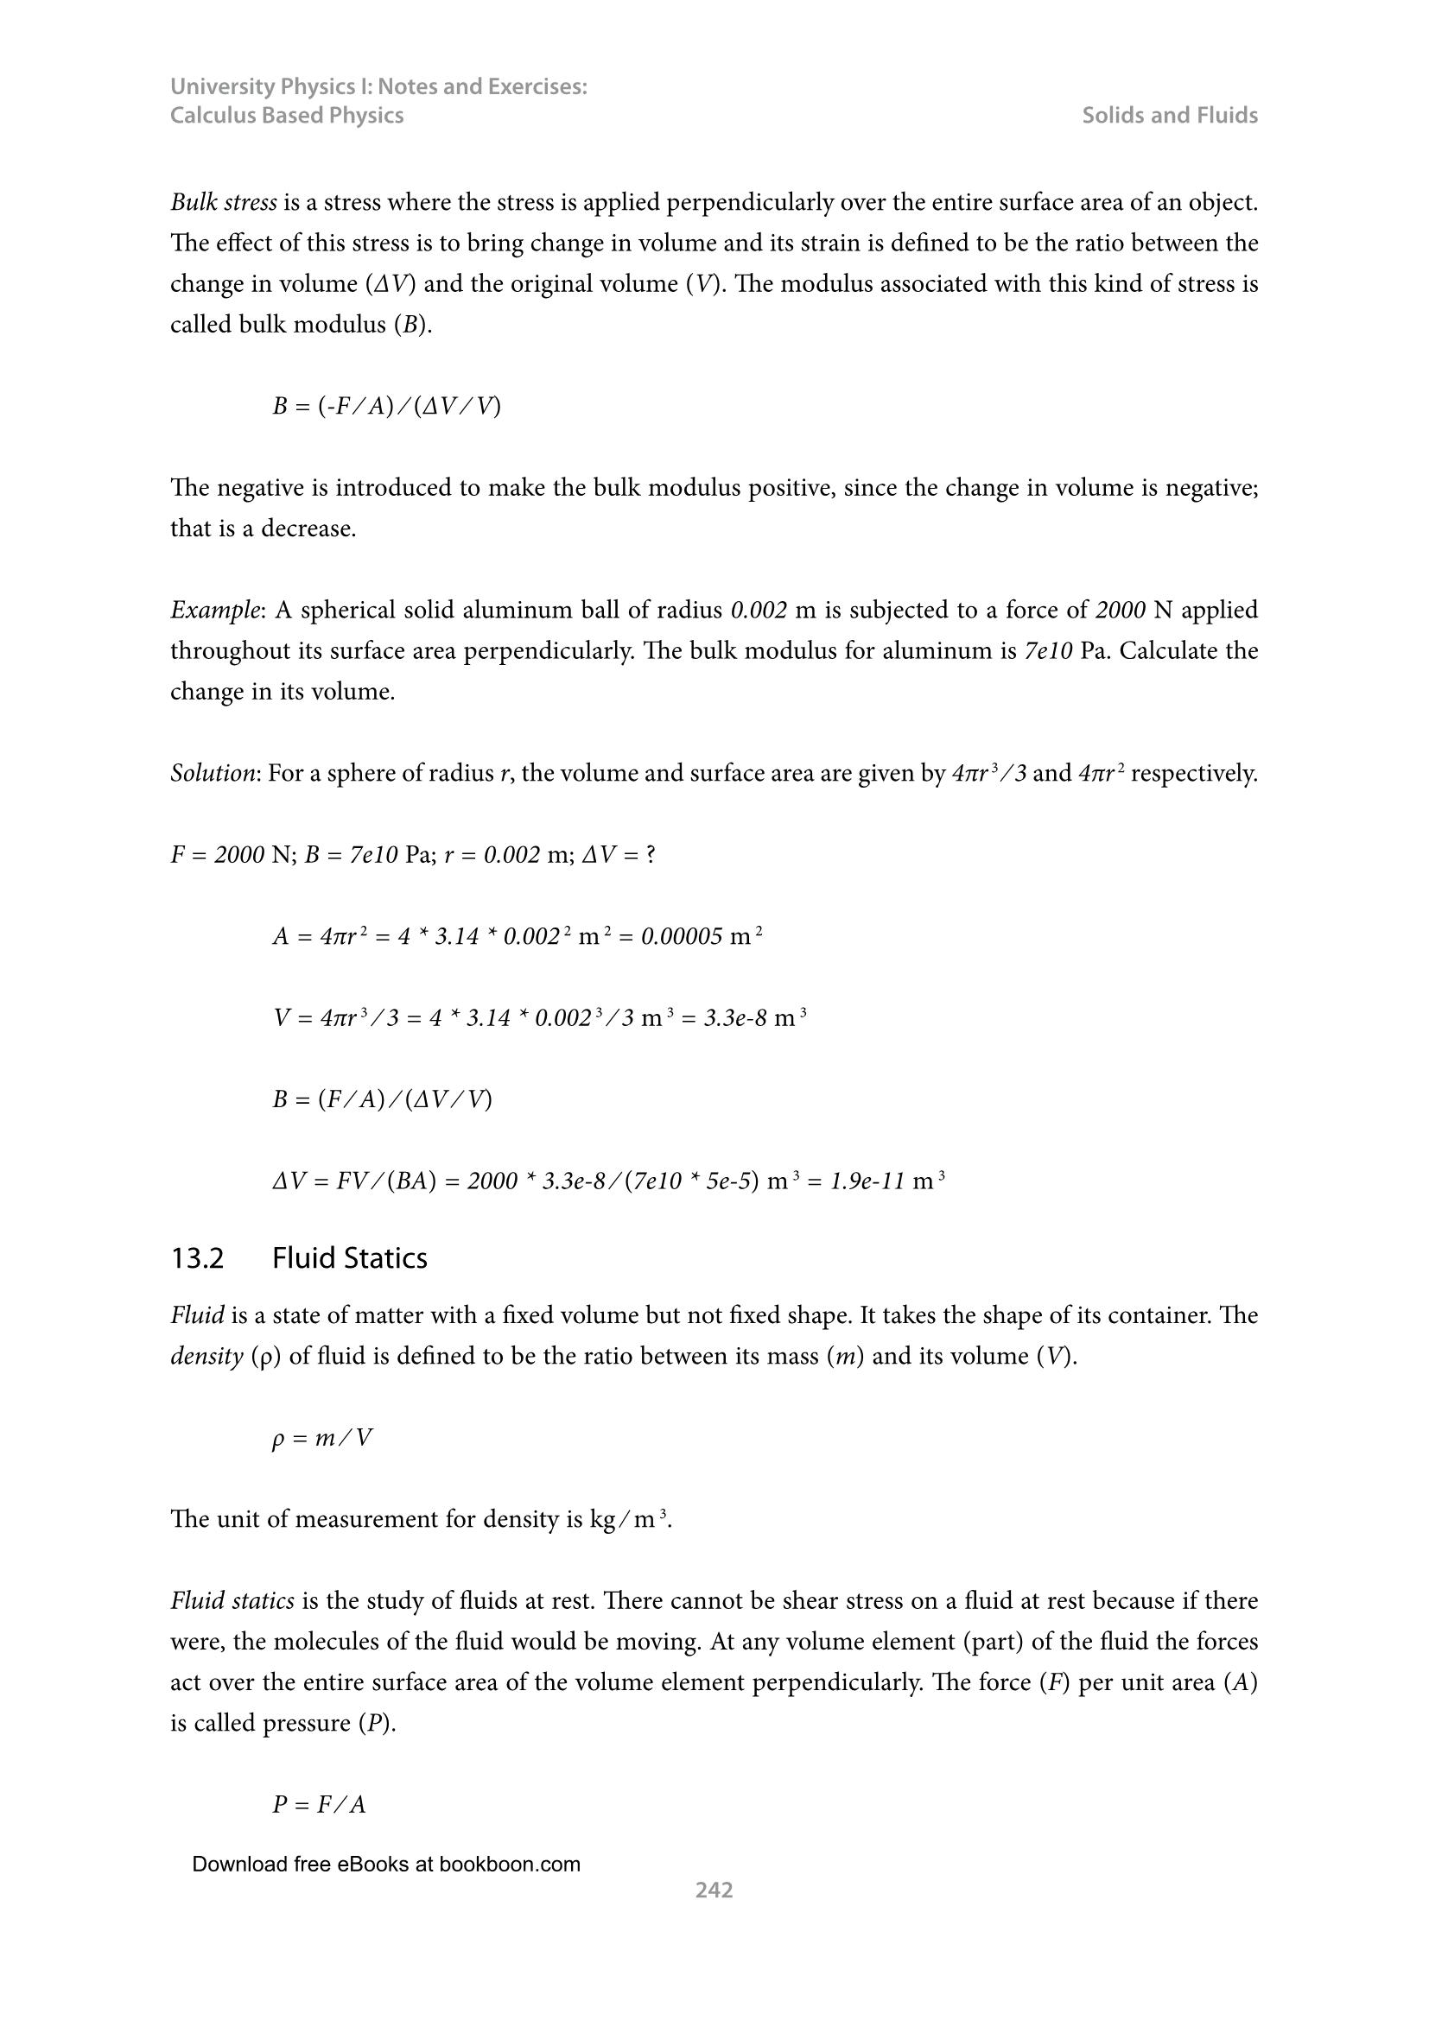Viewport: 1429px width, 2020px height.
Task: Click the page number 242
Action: tap(714, 1890)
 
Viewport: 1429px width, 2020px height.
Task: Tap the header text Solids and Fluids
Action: tap(1170, 115)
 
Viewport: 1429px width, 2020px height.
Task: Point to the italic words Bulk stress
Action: tap(224, 202)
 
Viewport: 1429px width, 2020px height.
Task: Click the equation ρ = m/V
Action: tap(322, 1439)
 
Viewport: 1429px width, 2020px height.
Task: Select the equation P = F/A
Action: tap(319, 1804)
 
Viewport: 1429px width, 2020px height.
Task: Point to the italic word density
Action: tap(206, 1356)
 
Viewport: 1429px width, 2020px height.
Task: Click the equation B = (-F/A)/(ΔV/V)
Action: tap(386, 407)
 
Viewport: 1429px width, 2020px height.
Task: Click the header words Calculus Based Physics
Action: tap(287, 115)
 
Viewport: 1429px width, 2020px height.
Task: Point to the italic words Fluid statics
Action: tap(232, 1600)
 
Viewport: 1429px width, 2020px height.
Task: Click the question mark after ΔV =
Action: tap(651, 855)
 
